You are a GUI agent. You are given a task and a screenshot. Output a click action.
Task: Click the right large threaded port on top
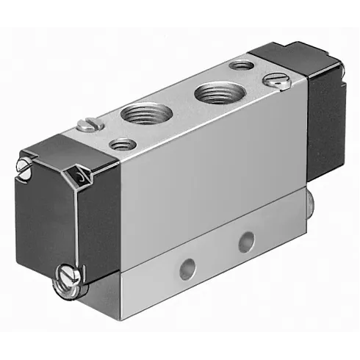pyautogui.click(x=215, y=94)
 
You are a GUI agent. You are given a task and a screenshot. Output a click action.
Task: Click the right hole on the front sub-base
pyautogui.click(x=247, y=238)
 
